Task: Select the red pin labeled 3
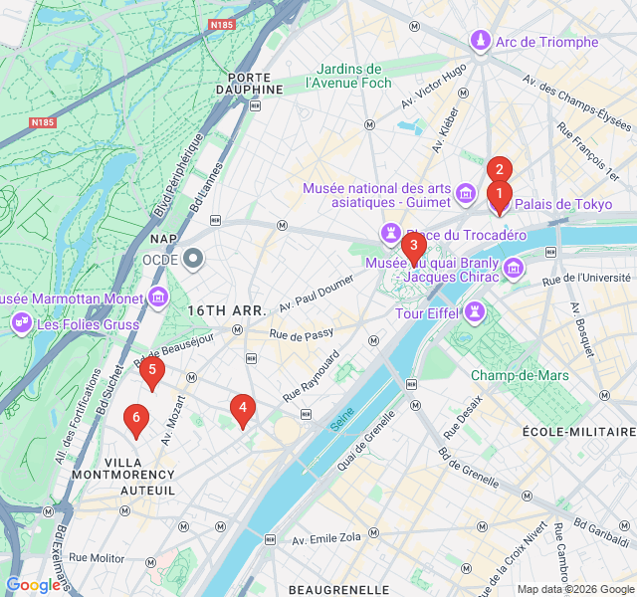pyautogui.click(x=413, y=246)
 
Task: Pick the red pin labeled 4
pyautogui.click(x=242, y=408)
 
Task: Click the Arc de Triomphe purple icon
pyautogui.click(x=481, y=42)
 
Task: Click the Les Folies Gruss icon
pyautogui.click(x=21, y=323)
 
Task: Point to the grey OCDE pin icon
pyautogui.click(x=194, y=260)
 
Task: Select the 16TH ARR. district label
pyautogui.click(x=227, y=310)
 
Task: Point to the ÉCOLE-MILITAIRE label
pyautogui.click(x=578, y=432)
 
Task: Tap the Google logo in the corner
pyautogui.click(x=34, y=586)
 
